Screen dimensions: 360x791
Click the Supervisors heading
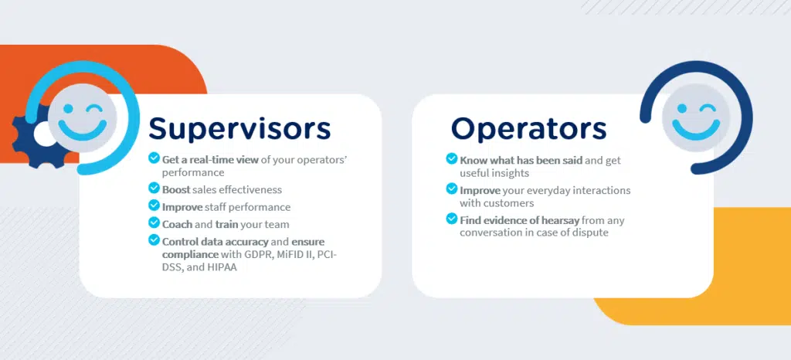pyautogui.click(x=239, y=127)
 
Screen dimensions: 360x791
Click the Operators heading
pyautogui.click(x=529, y=127)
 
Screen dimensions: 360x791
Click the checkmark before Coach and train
pyautogui.click(x=154, y=224)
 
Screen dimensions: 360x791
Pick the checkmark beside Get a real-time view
pyautogui.click(x=154, y=159)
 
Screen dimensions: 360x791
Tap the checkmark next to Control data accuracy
pyautogui.click(x=154, y=241)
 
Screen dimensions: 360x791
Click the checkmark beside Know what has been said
pyautogui.click(x=452, y=159)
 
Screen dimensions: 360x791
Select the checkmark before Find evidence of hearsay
pyautogui.click(x=452, y=219)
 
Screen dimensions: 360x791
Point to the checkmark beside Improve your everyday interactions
pyautogui.click(x=452, y=189)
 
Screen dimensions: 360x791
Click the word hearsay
pyautogui.click(x=559, y=220)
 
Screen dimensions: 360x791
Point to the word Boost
pyautogui.click(x=176, y=190)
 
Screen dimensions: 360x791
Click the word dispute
pyautogui.click(x=589, y=233)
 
